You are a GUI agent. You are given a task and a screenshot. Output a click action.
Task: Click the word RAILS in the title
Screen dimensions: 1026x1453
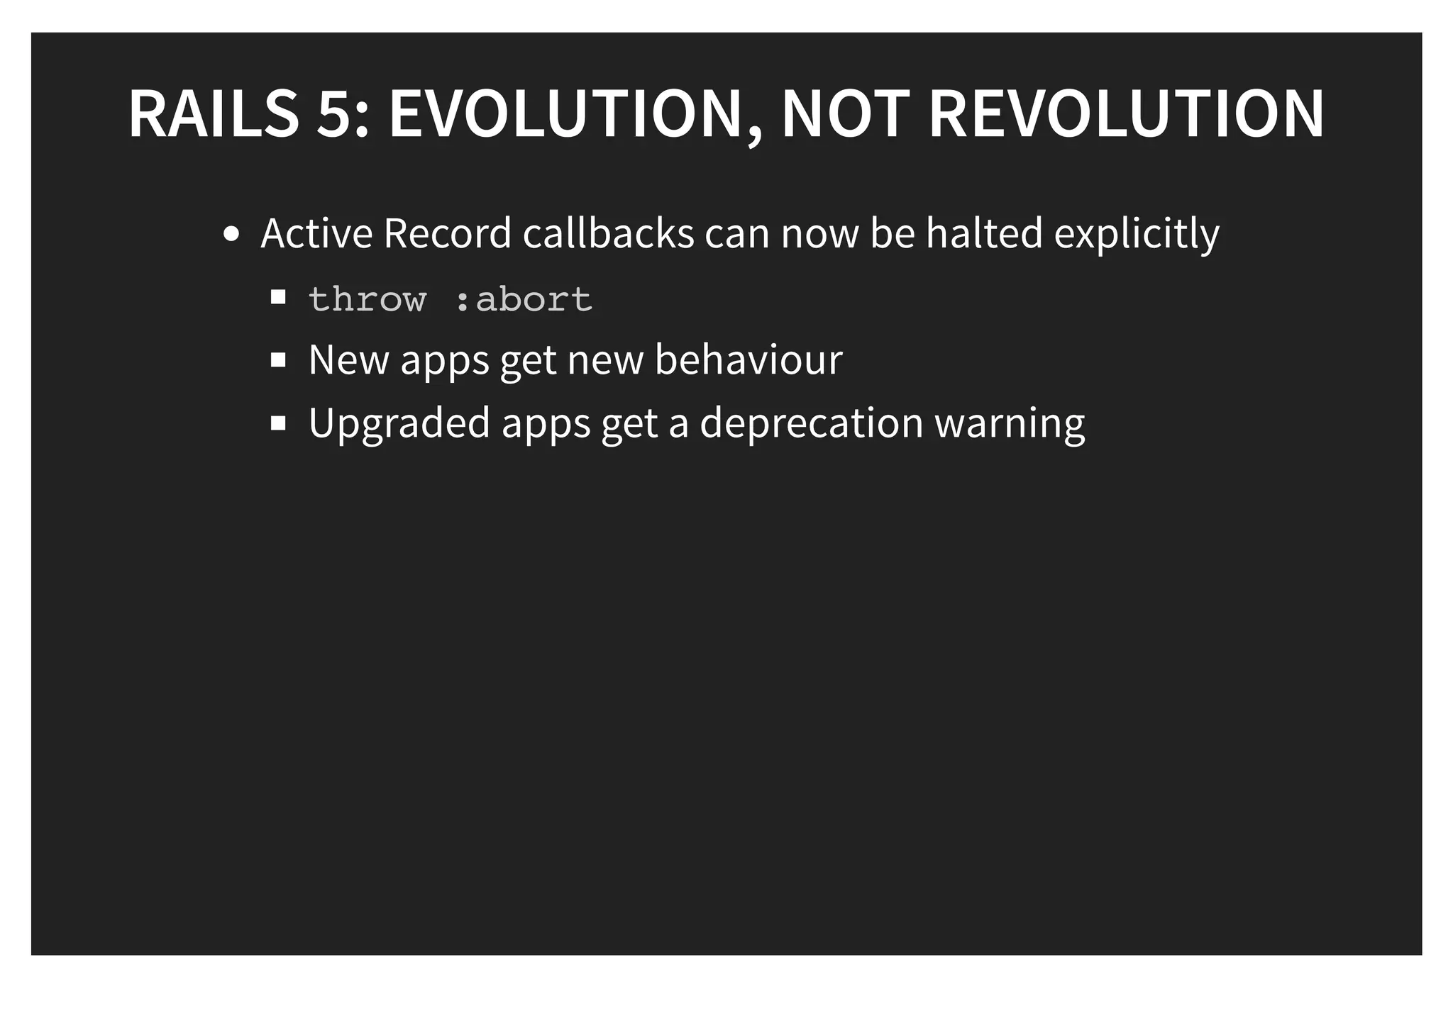coord(214,113)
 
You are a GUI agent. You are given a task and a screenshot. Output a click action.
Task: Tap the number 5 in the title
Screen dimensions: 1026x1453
coord(334,113)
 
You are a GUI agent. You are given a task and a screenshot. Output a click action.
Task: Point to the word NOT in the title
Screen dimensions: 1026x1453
coord(845,113)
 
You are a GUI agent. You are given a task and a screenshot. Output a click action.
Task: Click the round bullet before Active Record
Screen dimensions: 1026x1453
coord(231,234)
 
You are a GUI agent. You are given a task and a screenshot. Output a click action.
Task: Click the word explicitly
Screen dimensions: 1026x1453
coord(1137,235)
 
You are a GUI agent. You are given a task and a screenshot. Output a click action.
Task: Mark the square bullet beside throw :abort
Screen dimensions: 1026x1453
coord(278,297)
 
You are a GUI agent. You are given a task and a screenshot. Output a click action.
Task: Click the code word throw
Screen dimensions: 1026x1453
coord(368,299)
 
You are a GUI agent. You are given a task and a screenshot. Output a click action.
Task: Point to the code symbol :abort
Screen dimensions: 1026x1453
coord(523,299)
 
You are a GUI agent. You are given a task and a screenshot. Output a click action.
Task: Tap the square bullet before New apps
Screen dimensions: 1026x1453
coord(278,360)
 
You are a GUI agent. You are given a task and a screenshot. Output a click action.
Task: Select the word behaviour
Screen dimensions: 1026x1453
coord(748,359)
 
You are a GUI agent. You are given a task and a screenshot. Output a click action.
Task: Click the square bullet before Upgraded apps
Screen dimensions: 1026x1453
coord(278,423)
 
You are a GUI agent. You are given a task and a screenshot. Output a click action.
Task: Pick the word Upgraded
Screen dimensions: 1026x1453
coord(399,424)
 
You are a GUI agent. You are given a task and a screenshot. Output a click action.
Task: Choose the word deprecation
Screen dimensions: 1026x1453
coord(812,424)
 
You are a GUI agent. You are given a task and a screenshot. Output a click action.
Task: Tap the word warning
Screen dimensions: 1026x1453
coord(1010,424)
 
